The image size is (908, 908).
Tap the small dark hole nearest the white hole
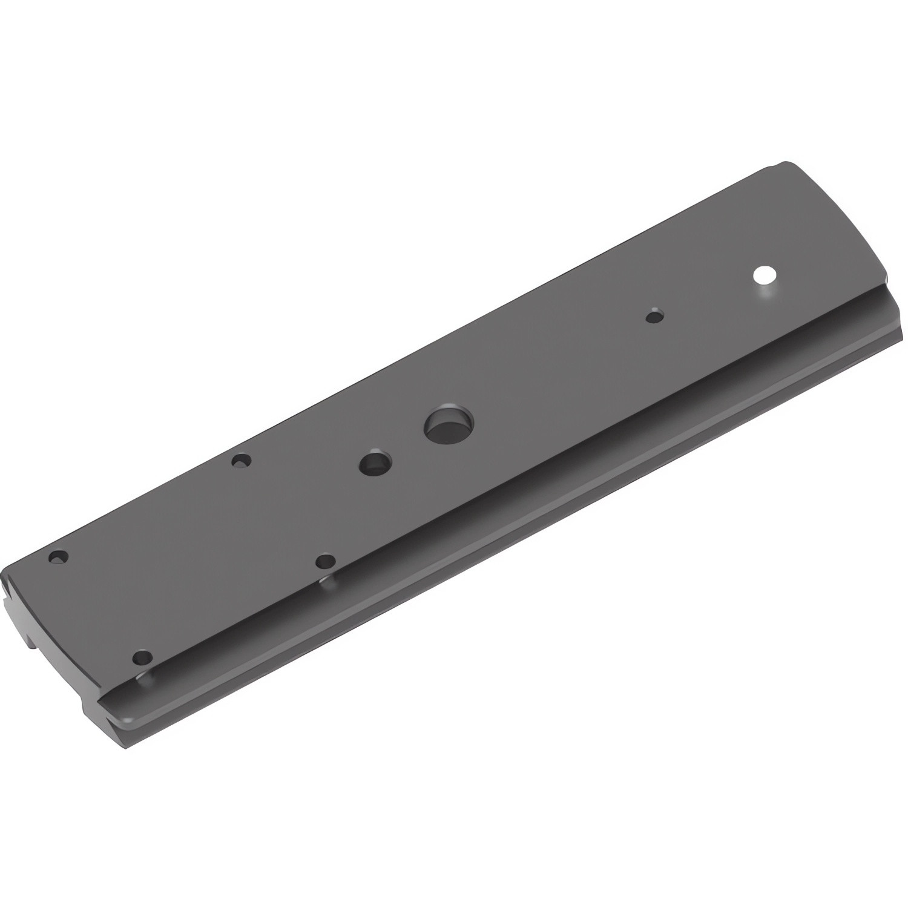(654, 316)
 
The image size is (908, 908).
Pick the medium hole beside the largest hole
(375, 464)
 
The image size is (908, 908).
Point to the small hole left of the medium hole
(241, 461)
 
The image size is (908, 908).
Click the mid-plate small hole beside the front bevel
(326, 561)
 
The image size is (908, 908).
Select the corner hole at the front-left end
(142, 657)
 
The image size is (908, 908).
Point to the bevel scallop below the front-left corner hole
(145, 677)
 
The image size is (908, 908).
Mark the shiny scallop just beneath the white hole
(766, 293)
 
